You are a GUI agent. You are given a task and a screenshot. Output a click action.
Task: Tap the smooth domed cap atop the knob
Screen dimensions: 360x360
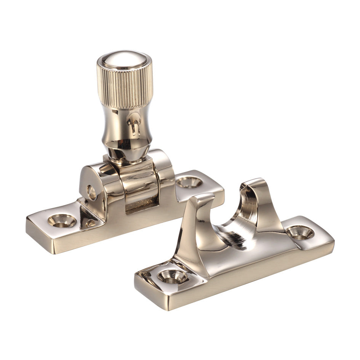click(x=124, y=59)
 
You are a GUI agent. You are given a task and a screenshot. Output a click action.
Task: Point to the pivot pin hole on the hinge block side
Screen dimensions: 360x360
click(x=91, y=192)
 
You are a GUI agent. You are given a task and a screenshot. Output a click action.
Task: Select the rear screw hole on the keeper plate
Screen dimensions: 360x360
click(x=300, y=232)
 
